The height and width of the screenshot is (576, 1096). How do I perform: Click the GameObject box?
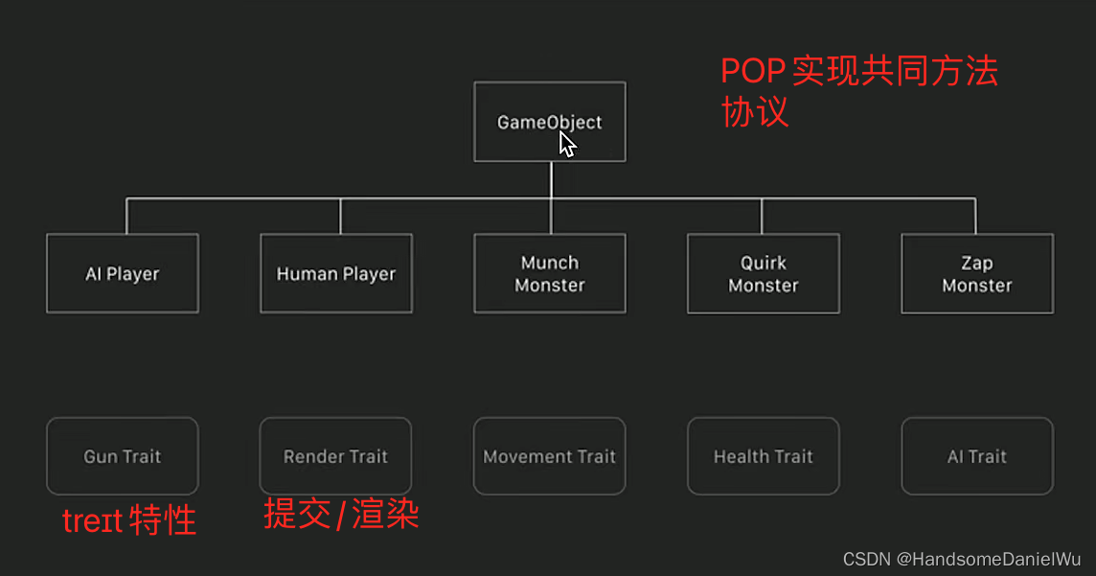(549, 122)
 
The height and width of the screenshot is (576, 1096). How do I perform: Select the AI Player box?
(122, 273)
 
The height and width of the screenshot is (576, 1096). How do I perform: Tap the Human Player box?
(335, 273)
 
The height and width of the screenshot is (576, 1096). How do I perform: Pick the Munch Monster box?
(549, 273)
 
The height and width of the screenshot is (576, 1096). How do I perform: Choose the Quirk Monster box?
(763, 273)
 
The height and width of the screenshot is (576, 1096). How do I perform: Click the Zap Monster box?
(976, 273)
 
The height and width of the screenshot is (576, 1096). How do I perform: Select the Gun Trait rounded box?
(122, 456)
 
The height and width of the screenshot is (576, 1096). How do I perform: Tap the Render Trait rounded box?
(335, 456)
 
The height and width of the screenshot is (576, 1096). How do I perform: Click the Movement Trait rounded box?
(549, 456)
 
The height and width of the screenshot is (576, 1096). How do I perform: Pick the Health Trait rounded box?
(763, 456)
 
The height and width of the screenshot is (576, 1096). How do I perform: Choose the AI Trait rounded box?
(976, 456)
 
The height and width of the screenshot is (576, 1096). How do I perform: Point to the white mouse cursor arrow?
(567, 144)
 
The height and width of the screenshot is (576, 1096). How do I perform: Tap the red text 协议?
(755, 112)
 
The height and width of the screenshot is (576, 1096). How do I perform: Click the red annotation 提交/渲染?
(341, 516)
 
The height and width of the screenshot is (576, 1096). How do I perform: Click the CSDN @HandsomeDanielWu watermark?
(962, 559)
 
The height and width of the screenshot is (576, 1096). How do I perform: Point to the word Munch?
(549, 263)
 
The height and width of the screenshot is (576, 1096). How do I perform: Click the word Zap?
(976, 263)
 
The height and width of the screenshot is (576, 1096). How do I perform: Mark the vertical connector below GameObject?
(551, 180)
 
